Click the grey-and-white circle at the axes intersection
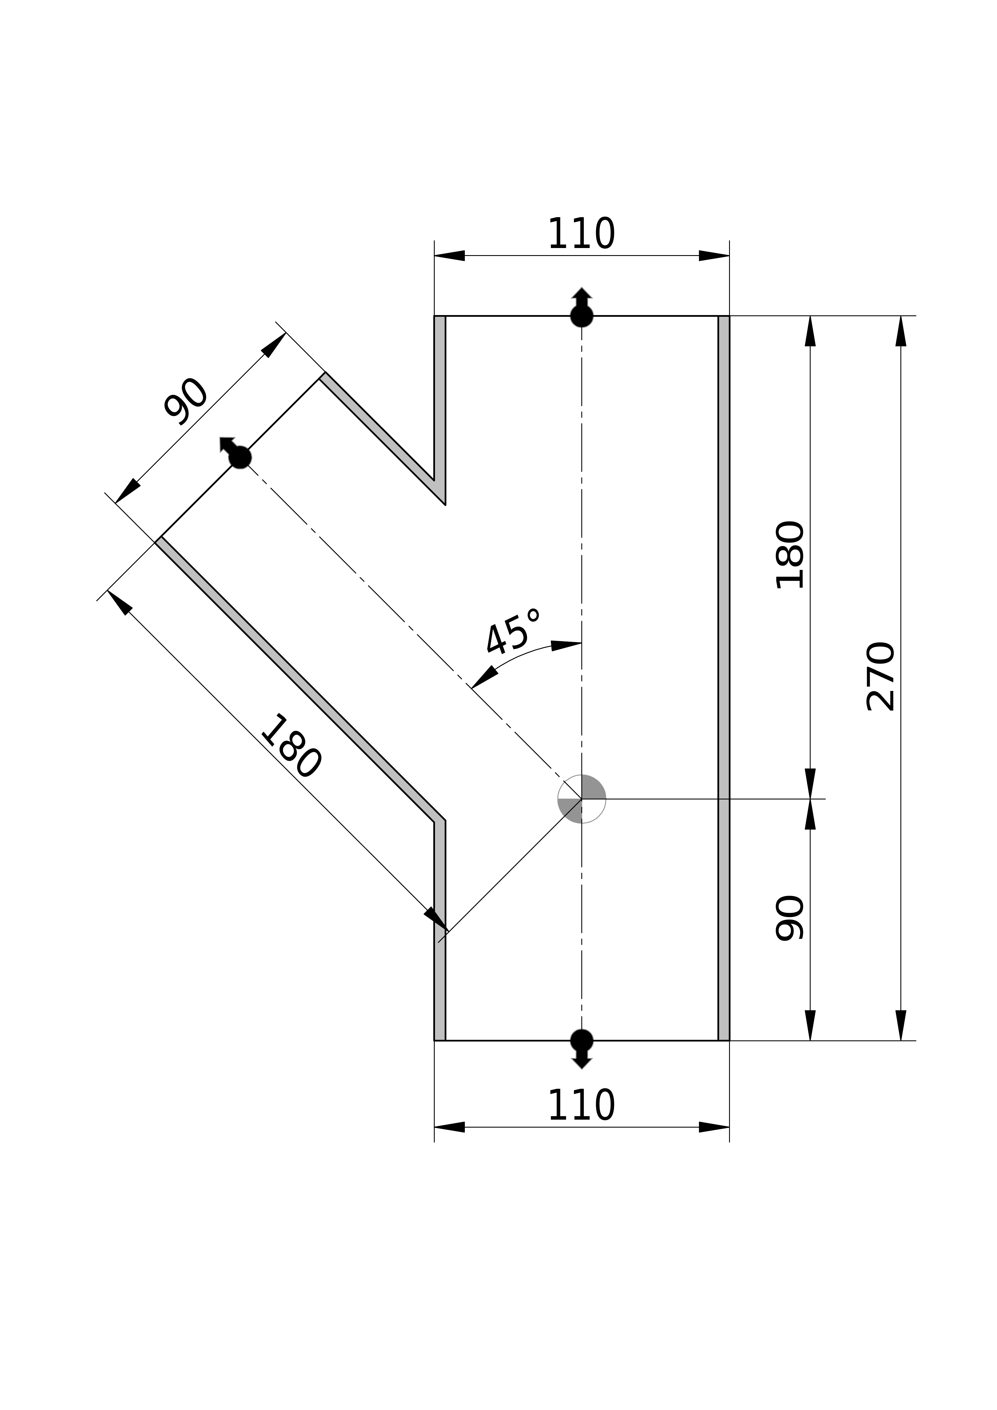(x=582, y=799)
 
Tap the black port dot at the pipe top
(x=582, y=316)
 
